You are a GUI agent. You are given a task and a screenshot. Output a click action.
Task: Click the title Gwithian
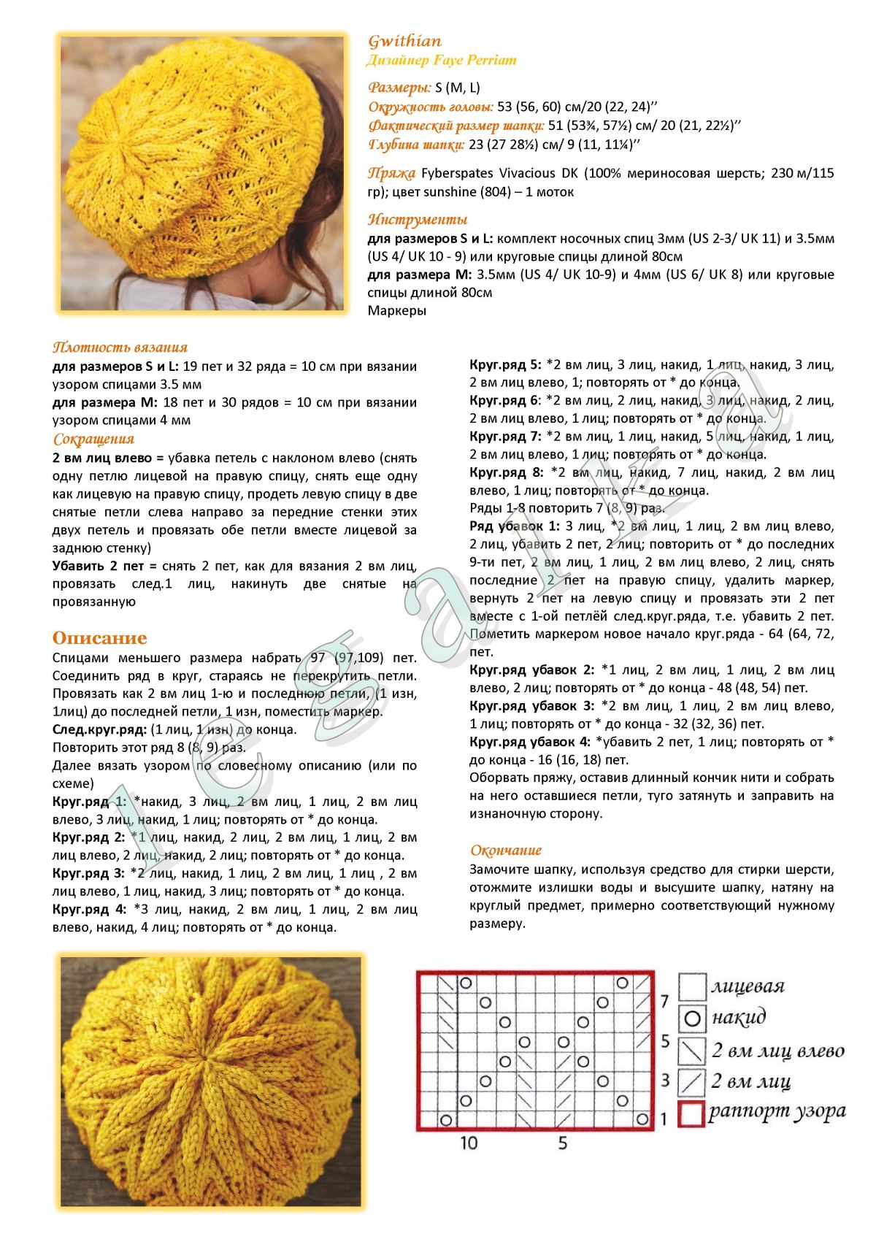click(404, 41)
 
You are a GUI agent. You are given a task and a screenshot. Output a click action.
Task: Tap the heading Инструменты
click(418, 219)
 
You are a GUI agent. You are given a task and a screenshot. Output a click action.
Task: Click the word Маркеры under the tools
click(397, 310)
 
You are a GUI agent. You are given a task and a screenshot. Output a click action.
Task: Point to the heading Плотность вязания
click(120, 348)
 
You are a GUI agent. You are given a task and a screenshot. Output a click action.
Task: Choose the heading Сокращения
click(93, 439)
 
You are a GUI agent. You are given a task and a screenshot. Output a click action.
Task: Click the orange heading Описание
click(99, 637)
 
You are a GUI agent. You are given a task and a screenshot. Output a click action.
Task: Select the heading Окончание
click(506, 850)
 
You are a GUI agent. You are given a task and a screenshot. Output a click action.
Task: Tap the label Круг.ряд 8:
click(507, 472)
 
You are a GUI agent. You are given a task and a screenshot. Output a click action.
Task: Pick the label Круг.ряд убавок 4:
click(530, 742)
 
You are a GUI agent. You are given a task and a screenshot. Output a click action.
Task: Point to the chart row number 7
click(664, 1000)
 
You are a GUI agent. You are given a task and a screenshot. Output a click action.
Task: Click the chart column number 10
click(469, 1143)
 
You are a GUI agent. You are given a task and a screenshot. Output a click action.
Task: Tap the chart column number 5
click(563, 1143)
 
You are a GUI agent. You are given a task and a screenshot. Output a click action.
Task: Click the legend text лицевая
click(748, 986)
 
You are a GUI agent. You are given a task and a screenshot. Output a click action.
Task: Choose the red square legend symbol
click(691, 1114)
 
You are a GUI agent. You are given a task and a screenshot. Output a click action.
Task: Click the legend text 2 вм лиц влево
click(777, 1051)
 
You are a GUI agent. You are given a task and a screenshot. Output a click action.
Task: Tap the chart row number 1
click(664, 1118)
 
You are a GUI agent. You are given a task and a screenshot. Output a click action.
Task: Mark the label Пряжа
click(392, 173)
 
